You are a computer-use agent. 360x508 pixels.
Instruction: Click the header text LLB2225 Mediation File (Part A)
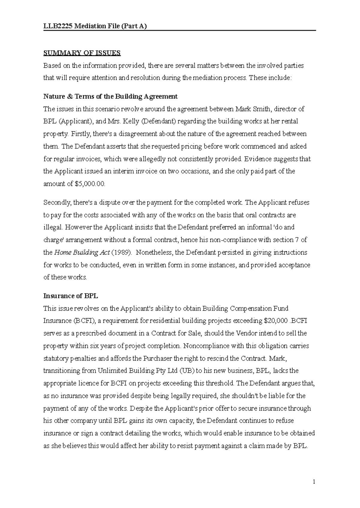[95, 26]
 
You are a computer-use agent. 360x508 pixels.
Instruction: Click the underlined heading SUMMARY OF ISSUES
[82, 53]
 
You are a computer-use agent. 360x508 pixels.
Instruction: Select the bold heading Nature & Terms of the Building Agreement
[110, 97]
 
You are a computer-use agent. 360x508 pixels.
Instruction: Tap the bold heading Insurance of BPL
[71, 296]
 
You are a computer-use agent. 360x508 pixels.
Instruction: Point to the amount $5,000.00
[89, 184]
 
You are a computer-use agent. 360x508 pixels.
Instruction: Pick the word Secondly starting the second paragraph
[57, 203]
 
